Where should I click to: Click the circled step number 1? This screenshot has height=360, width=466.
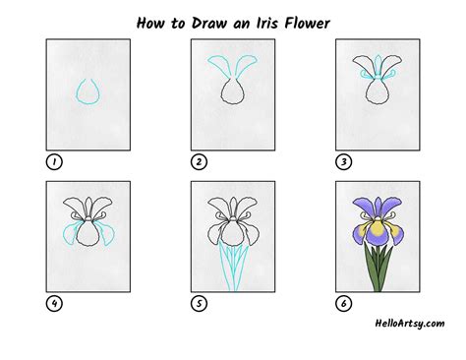pos(51,161)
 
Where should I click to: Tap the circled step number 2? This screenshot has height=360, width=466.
pos(199,161)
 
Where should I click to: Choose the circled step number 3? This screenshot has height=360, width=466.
pos(343,161)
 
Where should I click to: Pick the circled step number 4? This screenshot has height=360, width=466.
pos(51,304)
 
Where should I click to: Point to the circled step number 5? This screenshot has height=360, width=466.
pos(199,304)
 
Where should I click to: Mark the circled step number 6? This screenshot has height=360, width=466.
pos(343,304)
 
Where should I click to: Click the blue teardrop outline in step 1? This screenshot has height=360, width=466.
pos(87,91)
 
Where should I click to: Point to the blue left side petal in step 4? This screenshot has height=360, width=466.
pos(67,235)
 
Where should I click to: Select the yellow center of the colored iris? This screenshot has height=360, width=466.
pos(377,229)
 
